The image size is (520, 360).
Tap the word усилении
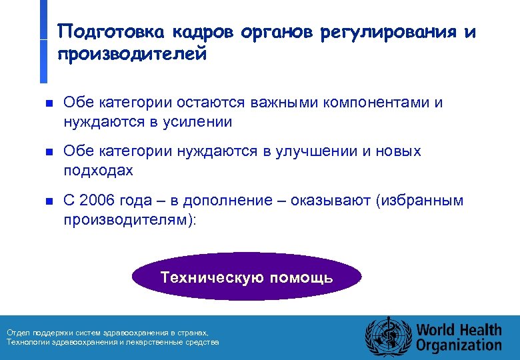tap(198, 121)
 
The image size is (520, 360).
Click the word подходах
tap(98, 171)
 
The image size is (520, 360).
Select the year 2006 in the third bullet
tap(97, 201)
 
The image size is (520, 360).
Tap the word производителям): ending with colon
tap(130, 219)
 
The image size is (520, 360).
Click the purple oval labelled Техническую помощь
tap(247, 277)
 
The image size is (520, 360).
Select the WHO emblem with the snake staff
tap(387, 335)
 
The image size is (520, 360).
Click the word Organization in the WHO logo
tap(459, 345)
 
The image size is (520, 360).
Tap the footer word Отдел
tap(17, 332)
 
